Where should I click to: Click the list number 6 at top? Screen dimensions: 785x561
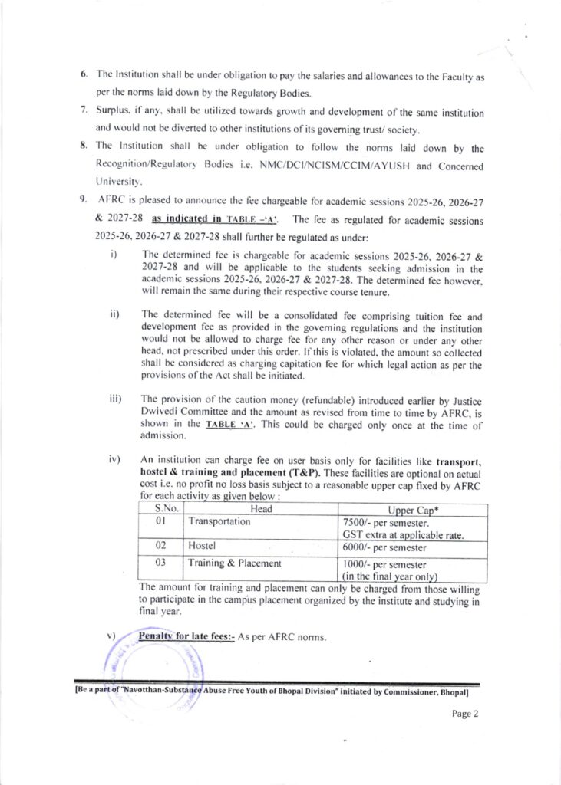coord(84,78)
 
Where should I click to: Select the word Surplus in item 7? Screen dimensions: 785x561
coord(113,112)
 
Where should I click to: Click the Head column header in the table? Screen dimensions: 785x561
coord(262,508)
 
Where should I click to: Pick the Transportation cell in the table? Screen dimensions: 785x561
coord(219,521)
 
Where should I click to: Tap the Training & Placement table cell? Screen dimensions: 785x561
coord(236,563)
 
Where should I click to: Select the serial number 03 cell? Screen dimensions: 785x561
coord(161,563)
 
